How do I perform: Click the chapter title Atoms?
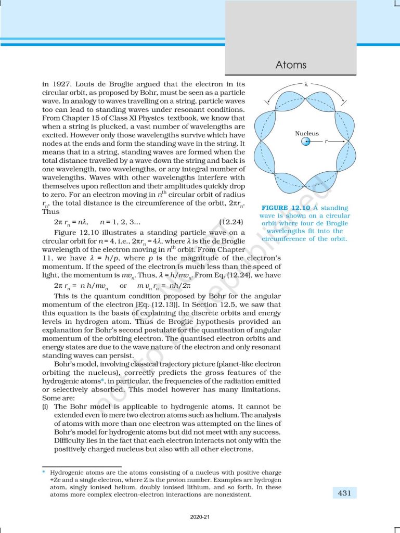(291, 65)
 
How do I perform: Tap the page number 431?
(344, 492)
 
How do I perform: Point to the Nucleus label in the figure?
(307, 133)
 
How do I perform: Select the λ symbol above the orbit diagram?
(307, 83)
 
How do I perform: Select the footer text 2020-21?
(200, 517)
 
